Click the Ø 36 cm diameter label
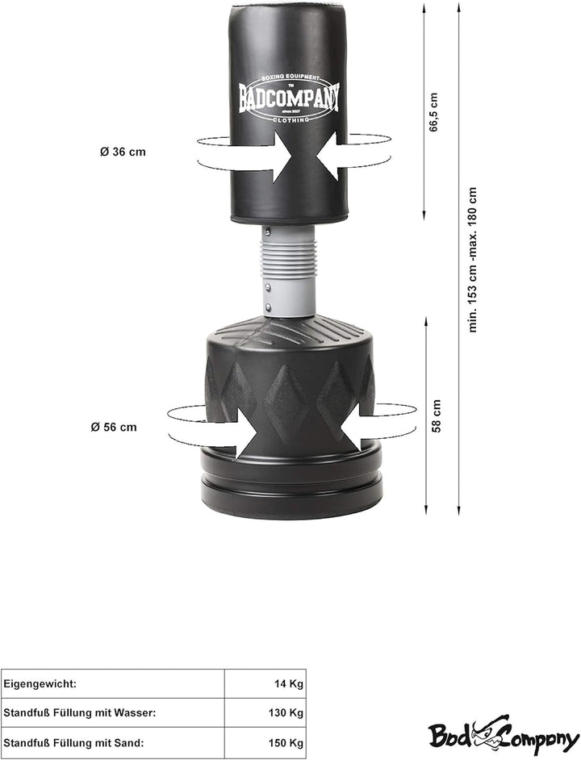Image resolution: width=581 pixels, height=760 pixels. point(123,152)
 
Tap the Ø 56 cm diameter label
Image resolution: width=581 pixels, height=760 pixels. point(114,427)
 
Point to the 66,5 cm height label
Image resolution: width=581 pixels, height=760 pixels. point(433,112)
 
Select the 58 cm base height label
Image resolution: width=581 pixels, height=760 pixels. point(437,415)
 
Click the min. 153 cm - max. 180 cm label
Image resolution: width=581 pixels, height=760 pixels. point(473,260)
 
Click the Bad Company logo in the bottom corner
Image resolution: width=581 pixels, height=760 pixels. point(503,737)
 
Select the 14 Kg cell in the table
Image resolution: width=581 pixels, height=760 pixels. point(289,684)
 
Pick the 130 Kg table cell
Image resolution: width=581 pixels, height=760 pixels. point(286,713)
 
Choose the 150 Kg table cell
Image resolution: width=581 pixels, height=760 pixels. point(286,742)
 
